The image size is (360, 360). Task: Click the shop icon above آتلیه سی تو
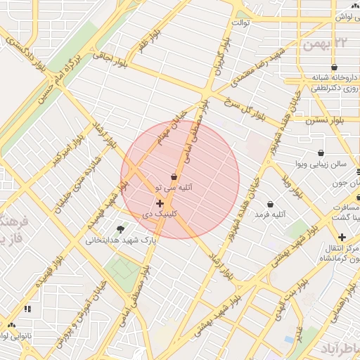(x=174, y=176)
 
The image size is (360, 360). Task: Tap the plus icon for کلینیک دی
(x=160, y=203)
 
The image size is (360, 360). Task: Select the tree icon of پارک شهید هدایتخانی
(x=120, y=229)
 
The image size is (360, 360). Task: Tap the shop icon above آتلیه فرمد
(x=269, y=204)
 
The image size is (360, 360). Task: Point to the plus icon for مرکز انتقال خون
(x=342, y=238)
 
